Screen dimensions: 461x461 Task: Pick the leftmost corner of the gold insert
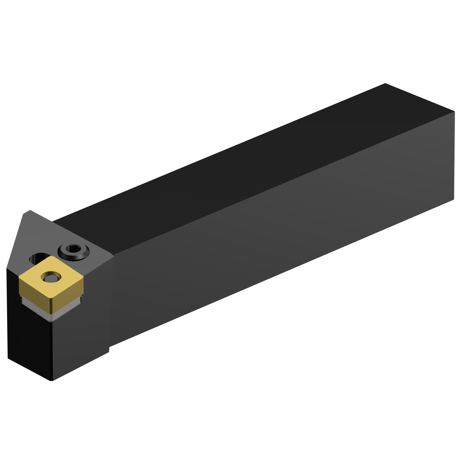pyautogui.click(x=19, y=278)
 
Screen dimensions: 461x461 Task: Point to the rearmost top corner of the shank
pyautogui.click(x=385, y=83)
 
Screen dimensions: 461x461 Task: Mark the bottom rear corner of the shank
pyautogui.click(x=454, y=200)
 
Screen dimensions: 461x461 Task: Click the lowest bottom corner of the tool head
pyautogui.click(x=52, y=380)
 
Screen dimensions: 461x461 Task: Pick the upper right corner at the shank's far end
pyautogui.click(x=454, y=112)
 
